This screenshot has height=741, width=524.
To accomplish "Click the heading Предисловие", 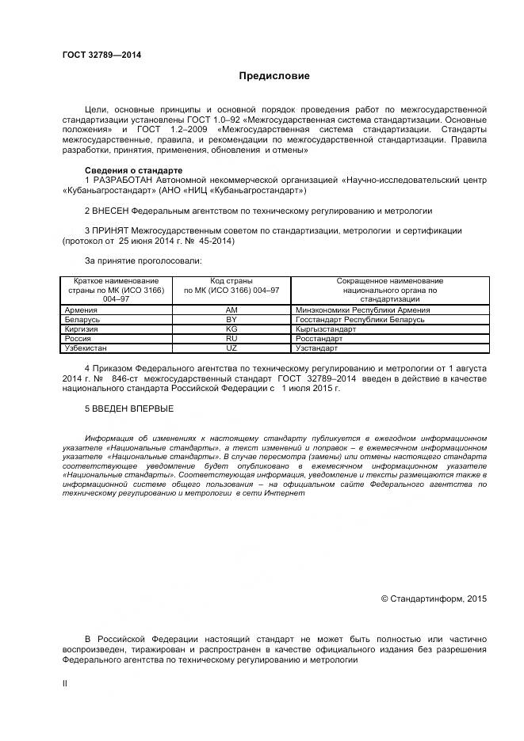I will pyautogui.click(x=274, y=76).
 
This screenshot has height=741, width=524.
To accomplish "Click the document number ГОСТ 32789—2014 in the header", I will pyautogui.click(x=101, y=55).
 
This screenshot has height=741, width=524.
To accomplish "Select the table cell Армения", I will pyautogui.click(x=81, y=310).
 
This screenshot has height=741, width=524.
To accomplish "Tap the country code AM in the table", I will pyautogui.click(x=231, y=310).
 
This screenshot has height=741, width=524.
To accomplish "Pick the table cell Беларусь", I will pyautogui.click(x=82, y=320).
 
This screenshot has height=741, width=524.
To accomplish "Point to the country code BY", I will pyautogui.click(x=231, y=320).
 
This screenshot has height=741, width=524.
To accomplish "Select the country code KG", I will pyautogui.click(x=231, y=329).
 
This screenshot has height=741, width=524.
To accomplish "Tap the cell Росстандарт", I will pyautogui.click(x=319, y=339).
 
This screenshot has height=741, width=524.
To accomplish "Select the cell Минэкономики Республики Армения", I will pyautogui.click(x=362, y=310).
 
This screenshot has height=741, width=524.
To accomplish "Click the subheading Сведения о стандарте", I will pyautogui.click(x=133, y=171).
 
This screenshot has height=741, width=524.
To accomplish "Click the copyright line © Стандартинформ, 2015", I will pyautogui.click(x=434, y=598).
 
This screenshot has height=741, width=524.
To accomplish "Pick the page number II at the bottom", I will pyautogui.click(x=65, y=682).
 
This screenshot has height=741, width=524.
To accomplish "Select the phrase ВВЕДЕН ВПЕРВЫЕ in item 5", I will pyautogui.click(x=132, y=408).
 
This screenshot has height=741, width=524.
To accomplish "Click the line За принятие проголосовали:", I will pyautogui.click(x=143, y=260).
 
